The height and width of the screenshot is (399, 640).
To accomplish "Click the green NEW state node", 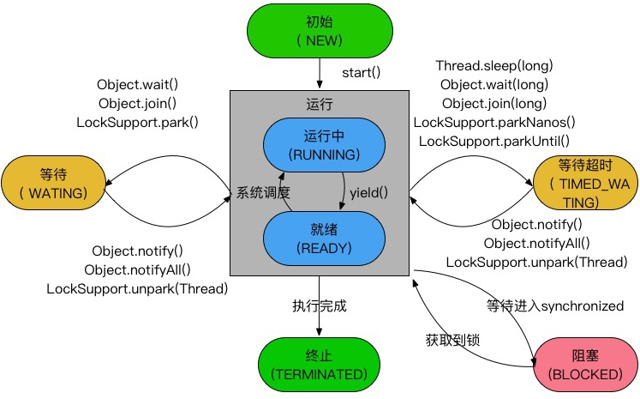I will (x=319, y=31).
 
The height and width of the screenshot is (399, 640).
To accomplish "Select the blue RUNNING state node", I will (x=318, y=145).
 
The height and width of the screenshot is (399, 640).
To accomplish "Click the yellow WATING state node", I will (x=53, y=183).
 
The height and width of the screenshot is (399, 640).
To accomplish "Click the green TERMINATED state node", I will (x=319, y=365).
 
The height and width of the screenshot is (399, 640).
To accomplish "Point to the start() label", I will (x=361, y=72).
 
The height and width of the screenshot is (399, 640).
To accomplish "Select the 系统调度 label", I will (x=264, y=192).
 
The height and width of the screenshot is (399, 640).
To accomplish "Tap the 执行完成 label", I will (x=319, y=305).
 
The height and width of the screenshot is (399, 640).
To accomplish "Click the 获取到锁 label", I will (x=452, y=339).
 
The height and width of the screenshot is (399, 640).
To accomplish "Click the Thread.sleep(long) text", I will (x=494, y=65).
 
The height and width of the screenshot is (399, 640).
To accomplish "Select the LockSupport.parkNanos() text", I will (x=494, y=122).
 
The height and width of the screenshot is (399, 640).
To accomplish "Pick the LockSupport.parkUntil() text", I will (x=494, y=141).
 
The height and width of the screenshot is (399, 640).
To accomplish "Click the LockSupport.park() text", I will (x=137, y=122).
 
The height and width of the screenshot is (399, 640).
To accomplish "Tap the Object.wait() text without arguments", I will (x=137, y=84).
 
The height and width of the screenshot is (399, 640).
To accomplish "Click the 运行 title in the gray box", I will (x=318, y=102).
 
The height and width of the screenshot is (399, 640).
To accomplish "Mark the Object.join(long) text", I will (x=494, y=103).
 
